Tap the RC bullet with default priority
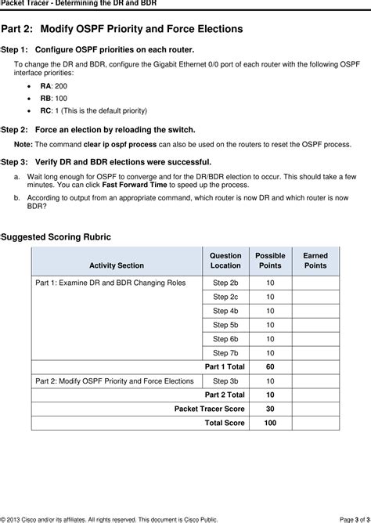pos(93,111)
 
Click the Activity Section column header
pos(117,265)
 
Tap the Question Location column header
pos(225,261)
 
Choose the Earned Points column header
pos(315,261)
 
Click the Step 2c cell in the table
pos(225,297)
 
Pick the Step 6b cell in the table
pos(225,339)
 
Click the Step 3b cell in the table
pos(225,381)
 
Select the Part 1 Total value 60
pos(270,367)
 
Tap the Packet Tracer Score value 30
pos(270,409)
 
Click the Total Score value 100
pos(270,423)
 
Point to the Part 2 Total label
pos(225,395)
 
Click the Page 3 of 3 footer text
pos(344,518)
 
